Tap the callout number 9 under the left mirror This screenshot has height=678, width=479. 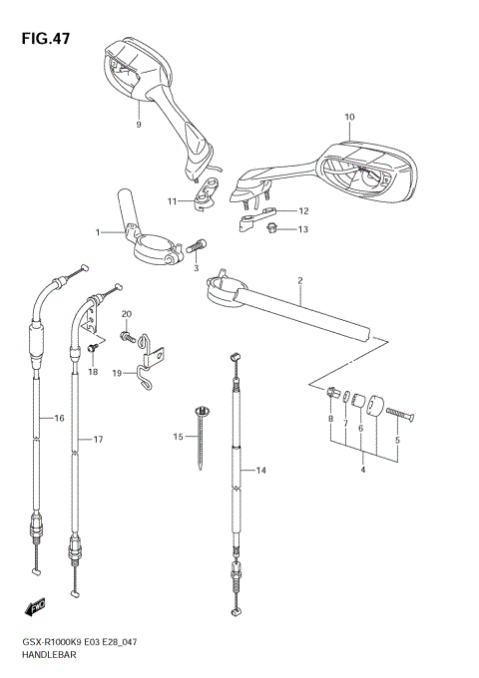139,125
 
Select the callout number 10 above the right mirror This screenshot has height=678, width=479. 349,118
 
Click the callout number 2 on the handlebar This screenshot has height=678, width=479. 298,281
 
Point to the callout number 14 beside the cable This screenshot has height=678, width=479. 262,470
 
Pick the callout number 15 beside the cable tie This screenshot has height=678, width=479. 180,437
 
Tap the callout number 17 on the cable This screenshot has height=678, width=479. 98,439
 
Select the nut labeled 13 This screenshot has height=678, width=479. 271,230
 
